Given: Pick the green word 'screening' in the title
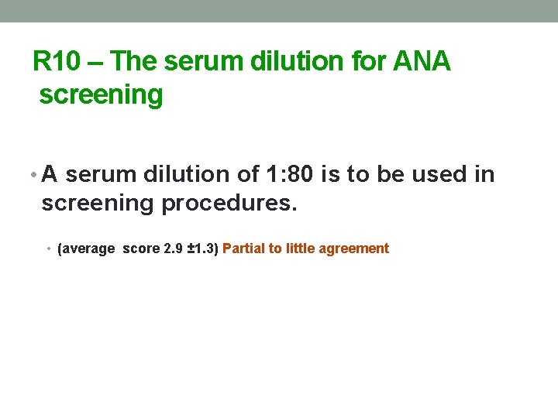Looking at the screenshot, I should coord(101,94).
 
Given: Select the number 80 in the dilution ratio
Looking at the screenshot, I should coord(302,175).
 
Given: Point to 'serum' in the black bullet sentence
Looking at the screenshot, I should coord(98,175).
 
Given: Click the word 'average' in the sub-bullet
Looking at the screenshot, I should coord(89,248).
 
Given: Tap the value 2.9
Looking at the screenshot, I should coord(173,248).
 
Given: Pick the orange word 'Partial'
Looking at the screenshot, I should coord(243,248).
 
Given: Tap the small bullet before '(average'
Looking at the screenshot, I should coord(49,249).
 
